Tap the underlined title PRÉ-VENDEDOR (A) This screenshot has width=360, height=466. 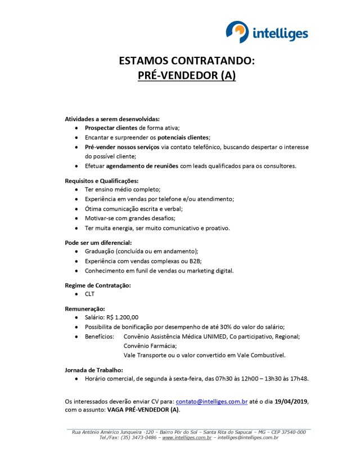tap(187, 75)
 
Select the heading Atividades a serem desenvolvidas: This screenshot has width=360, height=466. tap(112, 119)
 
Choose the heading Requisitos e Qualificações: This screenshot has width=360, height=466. tap(102, 181)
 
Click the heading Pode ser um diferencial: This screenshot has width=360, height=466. tap(98, 243)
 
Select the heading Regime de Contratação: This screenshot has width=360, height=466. tap(98, 285)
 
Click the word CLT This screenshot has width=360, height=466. tap(90, 294)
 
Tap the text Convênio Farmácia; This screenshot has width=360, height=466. tap(150, 346)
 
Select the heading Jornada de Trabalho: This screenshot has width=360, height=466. tap(94, 370)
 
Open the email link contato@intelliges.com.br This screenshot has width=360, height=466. tap(212, 402)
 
